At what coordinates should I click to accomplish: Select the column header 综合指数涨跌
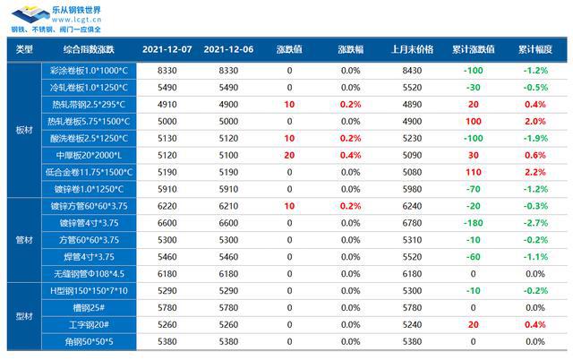coord(89,49)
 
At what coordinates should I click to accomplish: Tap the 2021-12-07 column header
coord(167,49)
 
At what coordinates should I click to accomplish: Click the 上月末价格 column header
coord(413,49)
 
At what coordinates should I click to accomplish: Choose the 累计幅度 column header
coord(535,49)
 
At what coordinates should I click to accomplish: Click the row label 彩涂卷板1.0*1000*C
coord(89,71)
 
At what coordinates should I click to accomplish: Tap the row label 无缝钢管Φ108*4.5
coord(89,274)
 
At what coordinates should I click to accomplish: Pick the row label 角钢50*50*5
coord(89,342)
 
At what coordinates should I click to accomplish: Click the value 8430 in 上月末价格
coord(413,71)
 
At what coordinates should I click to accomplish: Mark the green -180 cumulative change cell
coord(474,223)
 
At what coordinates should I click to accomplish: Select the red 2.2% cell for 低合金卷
coord(535,172)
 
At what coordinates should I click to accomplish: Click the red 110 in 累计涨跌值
coord(474,172)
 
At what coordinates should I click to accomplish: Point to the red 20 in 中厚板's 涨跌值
coord(289,155)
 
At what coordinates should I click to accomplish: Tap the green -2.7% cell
coord(535,223)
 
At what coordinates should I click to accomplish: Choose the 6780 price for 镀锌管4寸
coord(413,223)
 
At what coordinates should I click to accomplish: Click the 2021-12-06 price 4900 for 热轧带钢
coord(229,105)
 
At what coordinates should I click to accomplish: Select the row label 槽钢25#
coord(89,308)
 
